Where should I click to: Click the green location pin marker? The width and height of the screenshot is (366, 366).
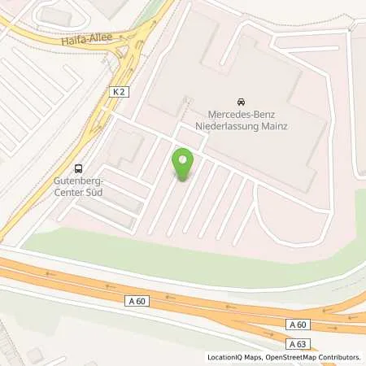[183, 165]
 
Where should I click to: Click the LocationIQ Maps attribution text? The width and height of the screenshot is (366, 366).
[234, 357]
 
